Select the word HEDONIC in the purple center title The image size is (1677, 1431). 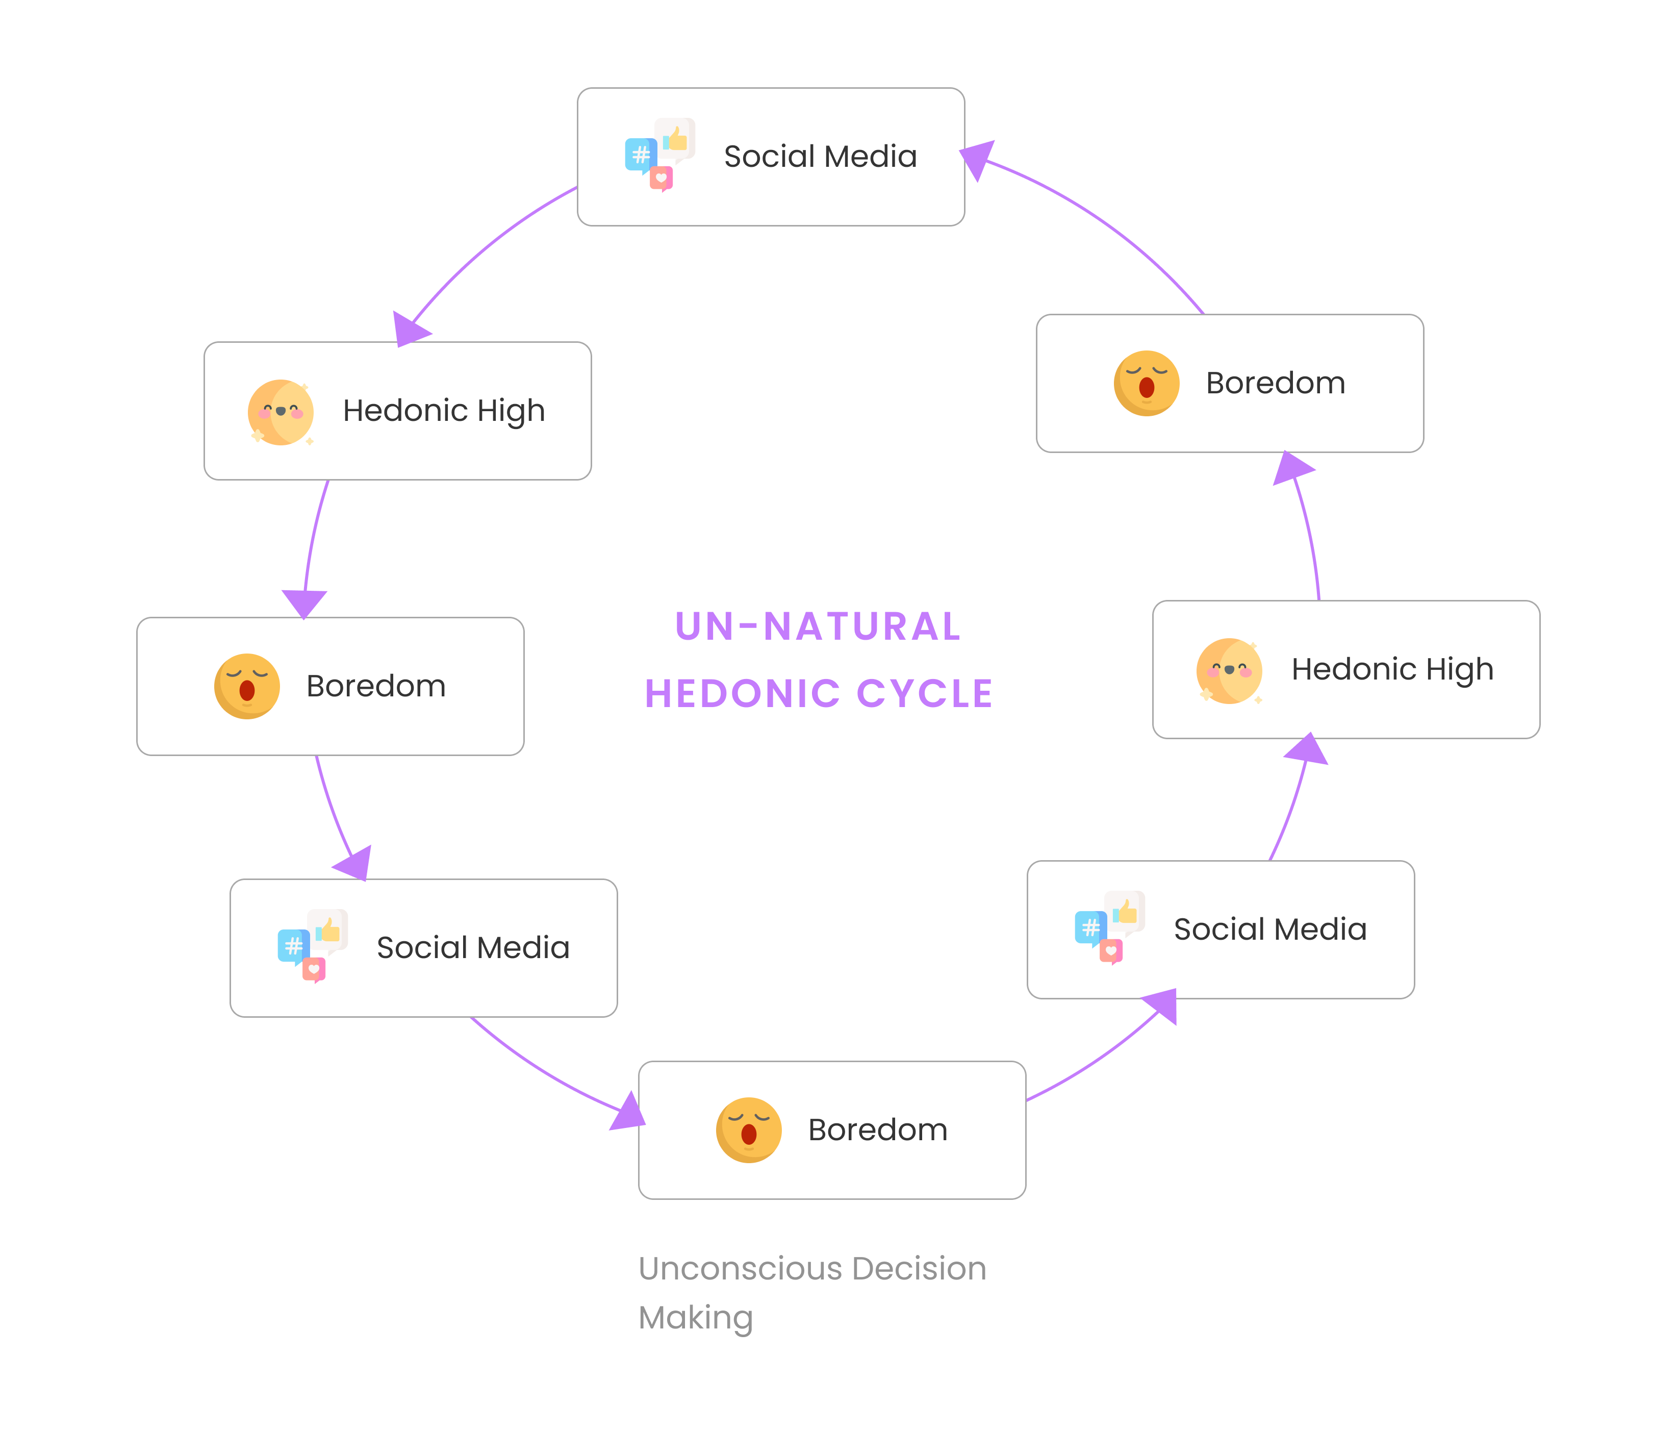pos(743,694)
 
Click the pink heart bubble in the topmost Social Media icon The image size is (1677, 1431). pos(661,178)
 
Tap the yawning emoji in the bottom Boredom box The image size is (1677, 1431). pos(749,1130)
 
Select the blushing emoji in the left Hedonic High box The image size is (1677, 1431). pos(280,412)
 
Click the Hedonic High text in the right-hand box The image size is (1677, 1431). pos(1392,669)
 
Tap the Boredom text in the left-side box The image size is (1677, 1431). pos(375,686)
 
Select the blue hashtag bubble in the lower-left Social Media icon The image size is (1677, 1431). pos(293,945)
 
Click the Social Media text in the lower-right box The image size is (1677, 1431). pos(1270,929)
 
